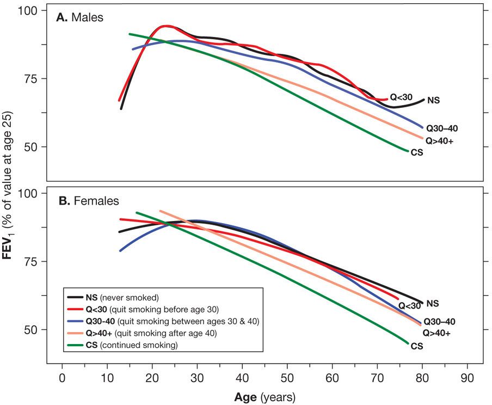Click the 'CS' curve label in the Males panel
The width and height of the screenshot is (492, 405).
pos(417,153)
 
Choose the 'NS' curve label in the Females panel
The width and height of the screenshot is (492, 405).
pos(433,304)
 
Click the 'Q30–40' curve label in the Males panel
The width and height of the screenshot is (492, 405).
pos(442,129)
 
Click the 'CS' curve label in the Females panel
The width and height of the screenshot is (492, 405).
pos(417,346)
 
